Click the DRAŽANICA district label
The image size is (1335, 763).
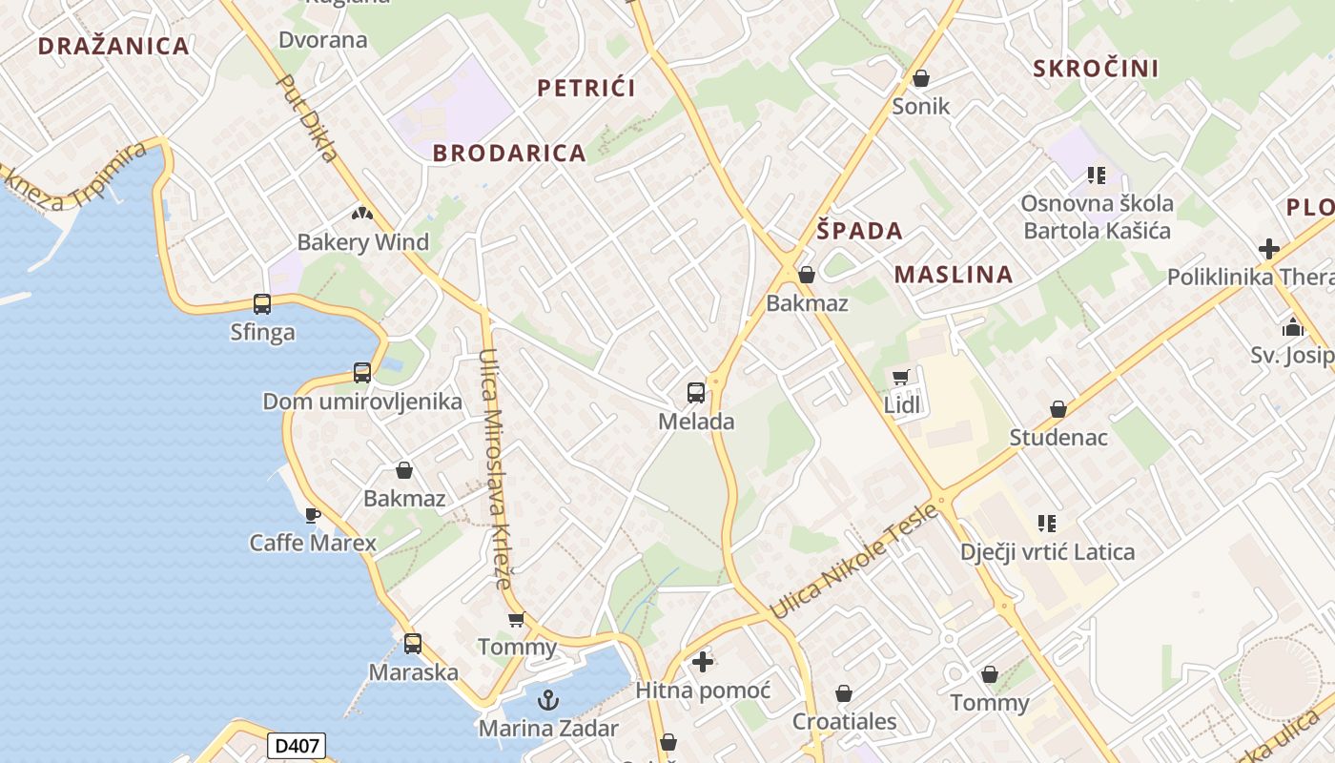pos(113,46)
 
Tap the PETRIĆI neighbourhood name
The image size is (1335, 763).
pos(586,89)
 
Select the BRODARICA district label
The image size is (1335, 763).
pos(509,154)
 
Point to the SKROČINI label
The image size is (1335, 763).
pos(1096,69)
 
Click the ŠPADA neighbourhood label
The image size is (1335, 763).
pos(859,231)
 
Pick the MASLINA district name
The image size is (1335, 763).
pos(953,275)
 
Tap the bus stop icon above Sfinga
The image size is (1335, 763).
pos(262,304)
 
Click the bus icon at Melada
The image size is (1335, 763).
pos(696,392)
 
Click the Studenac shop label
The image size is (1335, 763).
pos(1058,438)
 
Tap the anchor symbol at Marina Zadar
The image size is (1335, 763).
pos(548,701)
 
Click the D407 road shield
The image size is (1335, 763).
pos(297,746)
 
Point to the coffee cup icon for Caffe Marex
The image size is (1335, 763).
pos(312,515)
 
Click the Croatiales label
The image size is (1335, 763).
pos(844,721)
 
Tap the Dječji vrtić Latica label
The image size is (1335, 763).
pos(1047,552)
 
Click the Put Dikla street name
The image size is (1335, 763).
pos(307,118)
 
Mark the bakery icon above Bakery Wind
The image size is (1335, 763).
pos(362,214)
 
